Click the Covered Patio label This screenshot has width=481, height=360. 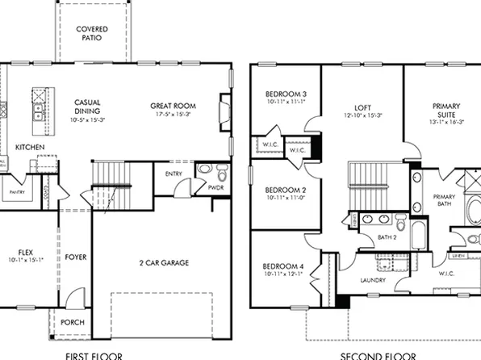point(92,33)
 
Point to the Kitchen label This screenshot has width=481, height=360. point(30,147)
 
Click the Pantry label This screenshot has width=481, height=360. point(15,193)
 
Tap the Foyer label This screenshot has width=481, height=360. point(76,257)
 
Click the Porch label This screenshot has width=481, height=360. point(72,322)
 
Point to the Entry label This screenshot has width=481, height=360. point(174,174)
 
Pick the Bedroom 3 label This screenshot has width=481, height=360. point(280,94)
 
